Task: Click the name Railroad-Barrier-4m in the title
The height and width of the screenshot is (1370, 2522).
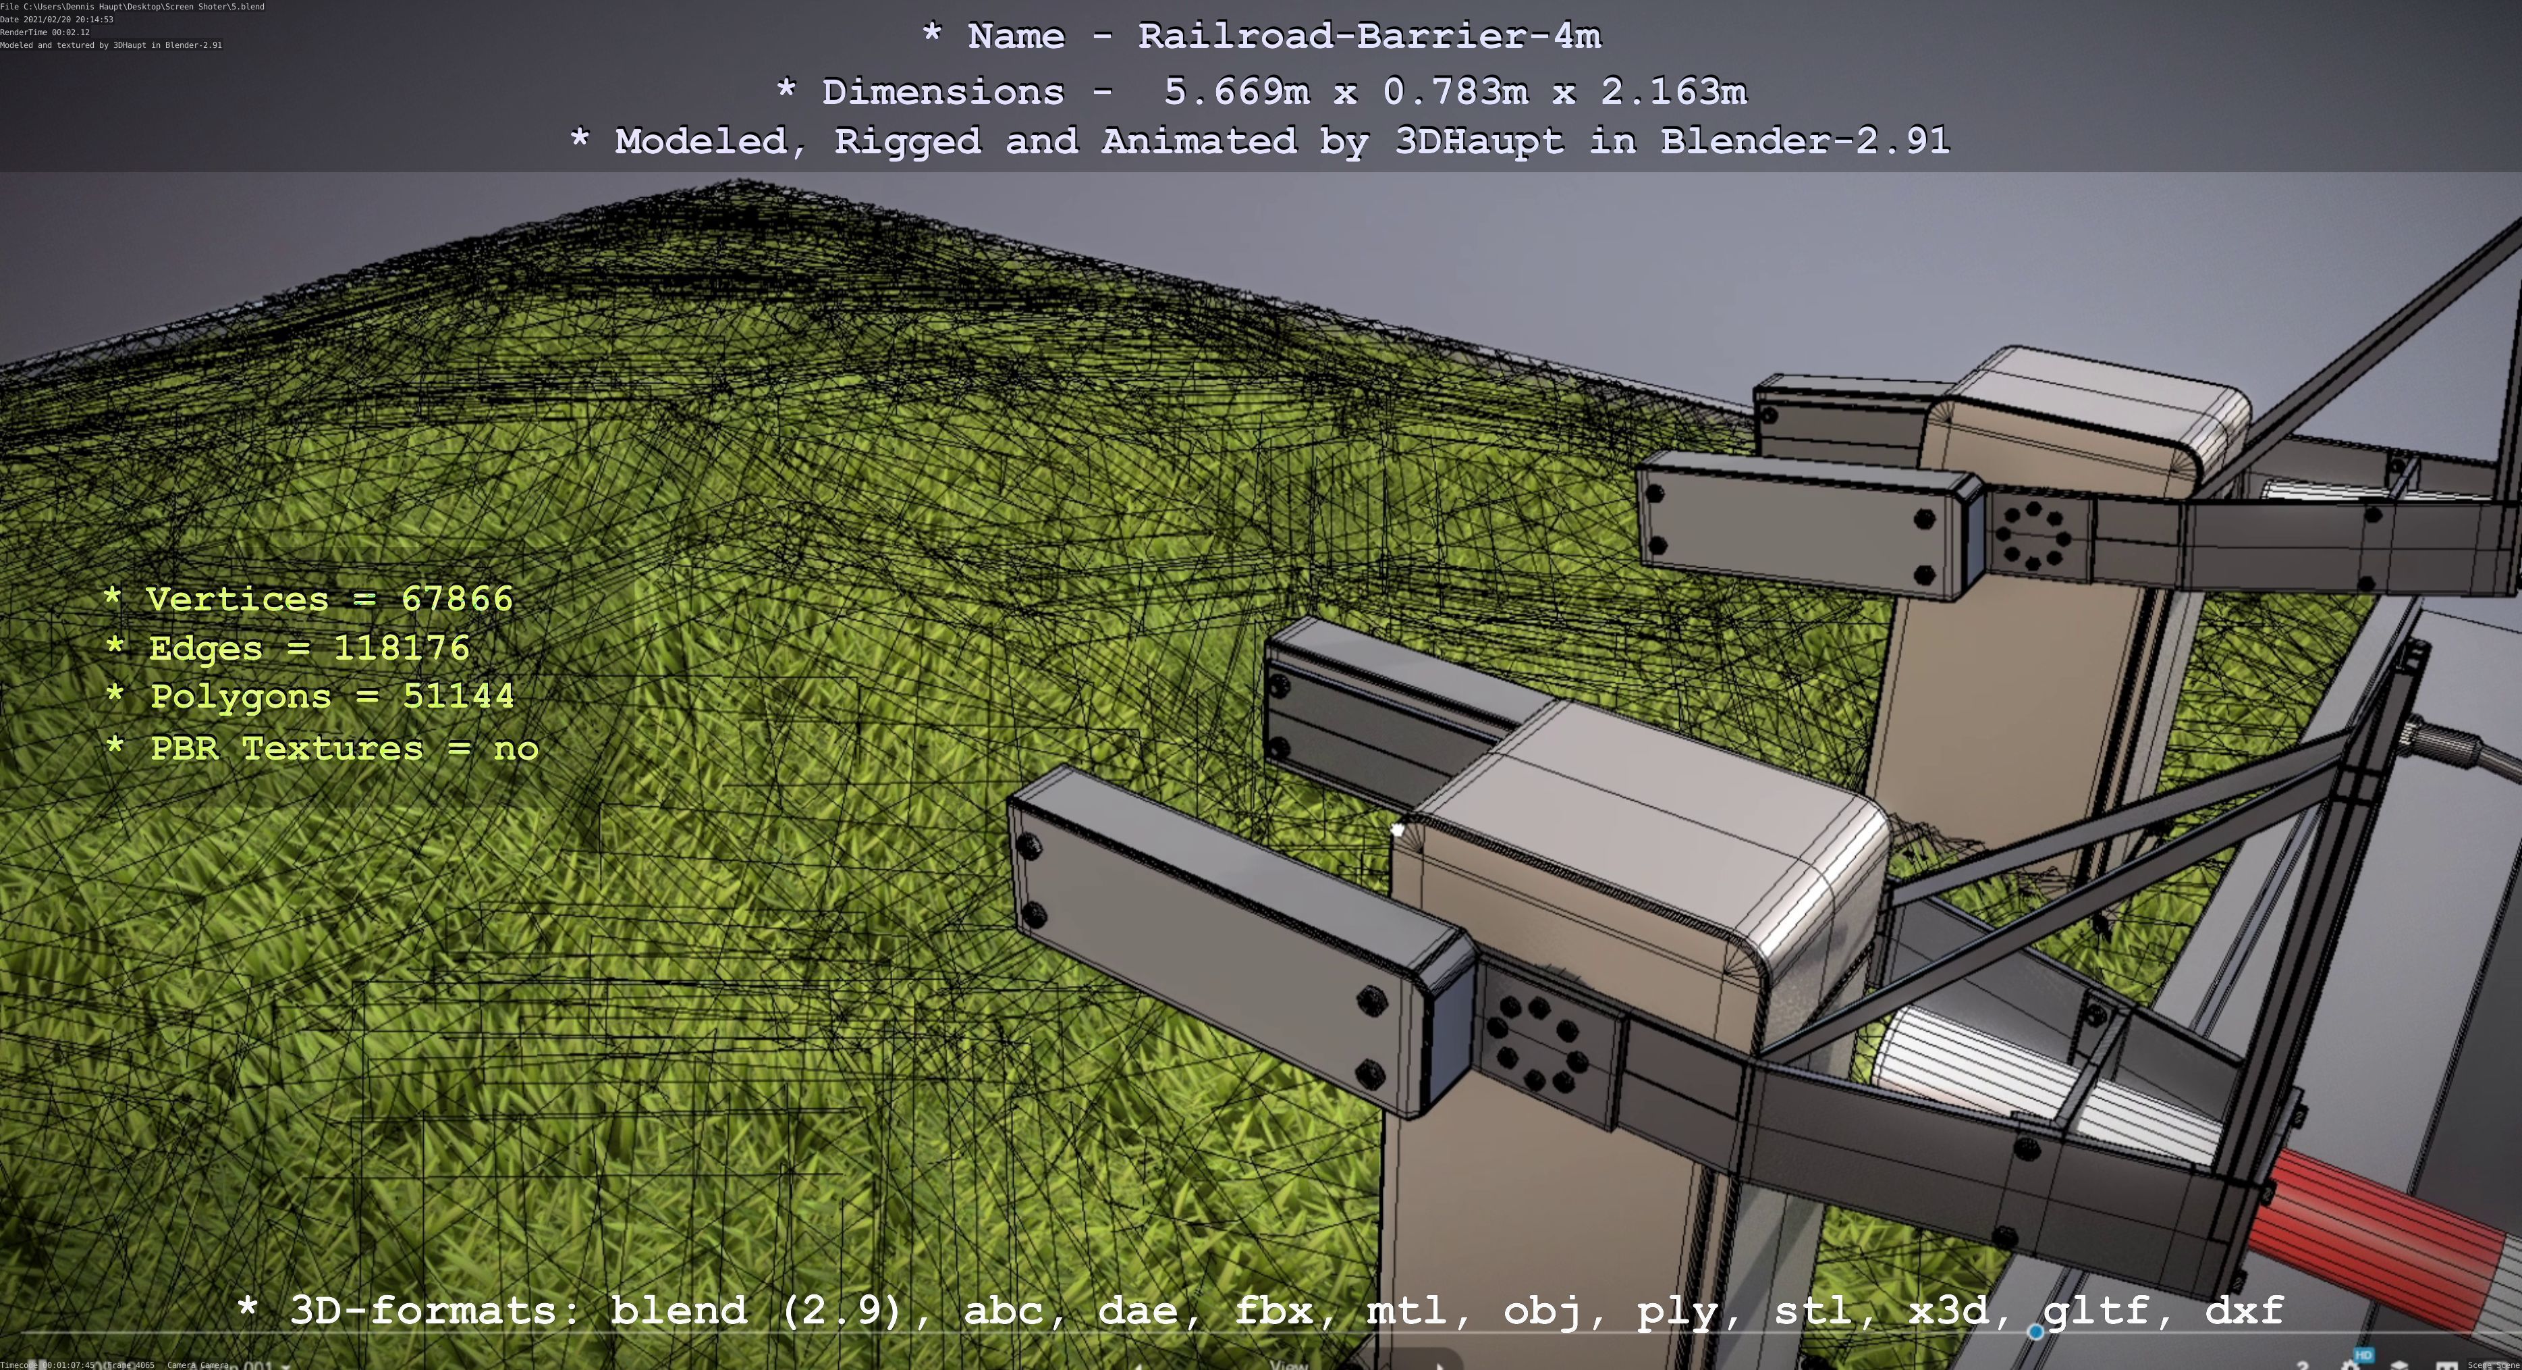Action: click(1369, 37)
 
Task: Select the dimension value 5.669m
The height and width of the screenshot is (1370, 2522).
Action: click(1236, 92)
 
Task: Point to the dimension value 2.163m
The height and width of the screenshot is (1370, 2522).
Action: click(1673, 92)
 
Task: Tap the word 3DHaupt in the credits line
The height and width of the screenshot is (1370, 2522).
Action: click(1479, 142)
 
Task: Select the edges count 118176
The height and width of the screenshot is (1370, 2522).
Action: click(402, 648)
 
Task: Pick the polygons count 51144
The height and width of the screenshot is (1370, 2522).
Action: click(458, 696)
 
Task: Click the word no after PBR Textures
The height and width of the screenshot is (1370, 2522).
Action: click(516, 749)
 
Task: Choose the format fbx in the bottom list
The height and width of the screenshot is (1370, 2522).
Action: click(1273, 1311)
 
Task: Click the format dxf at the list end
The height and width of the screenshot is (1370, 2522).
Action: click(2244, 1311)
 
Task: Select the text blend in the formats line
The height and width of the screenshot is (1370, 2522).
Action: click(678, 1311)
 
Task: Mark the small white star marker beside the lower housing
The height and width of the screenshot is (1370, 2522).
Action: click(1398, 831)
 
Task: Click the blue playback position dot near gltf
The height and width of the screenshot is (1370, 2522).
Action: click(2035, 1332)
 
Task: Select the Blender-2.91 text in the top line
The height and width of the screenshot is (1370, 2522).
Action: click(1805, 142)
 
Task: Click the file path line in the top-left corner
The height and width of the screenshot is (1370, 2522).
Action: click(132, 7)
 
